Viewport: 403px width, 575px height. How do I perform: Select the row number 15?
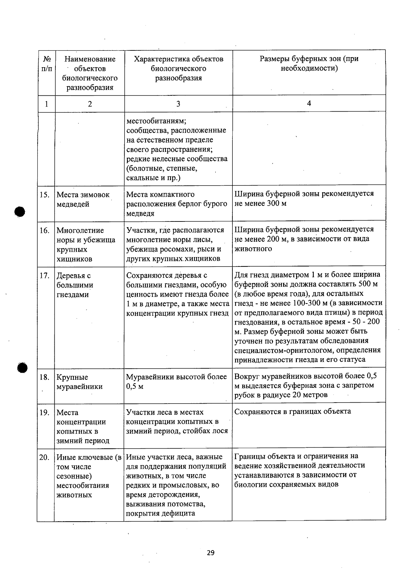45,195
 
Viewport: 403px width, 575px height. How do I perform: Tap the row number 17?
45,276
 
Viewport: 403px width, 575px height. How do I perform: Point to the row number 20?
45,457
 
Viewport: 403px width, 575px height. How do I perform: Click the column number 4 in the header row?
309,104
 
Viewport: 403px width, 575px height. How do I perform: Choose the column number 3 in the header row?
178,104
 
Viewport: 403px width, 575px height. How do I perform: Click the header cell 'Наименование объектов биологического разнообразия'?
90,73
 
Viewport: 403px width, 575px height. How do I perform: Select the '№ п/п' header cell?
47,64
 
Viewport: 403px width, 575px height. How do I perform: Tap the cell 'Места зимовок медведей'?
83,200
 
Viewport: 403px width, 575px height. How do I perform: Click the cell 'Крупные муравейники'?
79,382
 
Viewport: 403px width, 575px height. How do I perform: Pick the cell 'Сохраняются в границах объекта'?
293,412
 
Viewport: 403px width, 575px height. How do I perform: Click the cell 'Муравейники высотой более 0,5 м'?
176,382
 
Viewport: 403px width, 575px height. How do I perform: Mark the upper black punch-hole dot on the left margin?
20,212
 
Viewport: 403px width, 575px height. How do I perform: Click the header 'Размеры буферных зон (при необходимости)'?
309,64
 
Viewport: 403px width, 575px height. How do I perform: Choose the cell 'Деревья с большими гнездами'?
75,285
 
